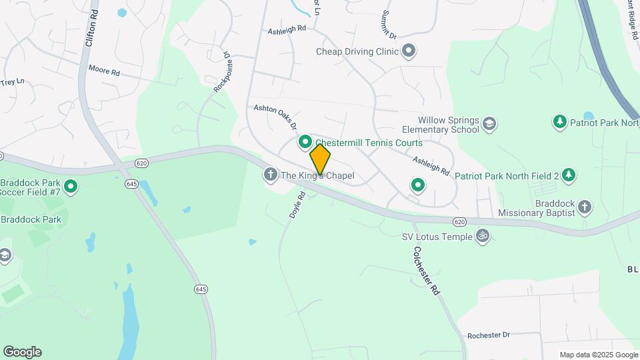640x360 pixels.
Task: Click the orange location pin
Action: coord(320,159)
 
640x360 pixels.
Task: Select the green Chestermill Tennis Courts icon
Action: coord(305,141)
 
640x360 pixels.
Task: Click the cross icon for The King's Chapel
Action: coord(271,175)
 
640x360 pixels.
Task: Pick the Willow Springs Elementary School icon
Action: coord(490,123)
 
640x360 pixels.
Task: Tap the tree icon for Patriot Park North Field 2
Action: coord(569,175)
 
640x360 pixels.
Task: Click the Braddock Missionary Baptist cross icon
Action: coord(585,206)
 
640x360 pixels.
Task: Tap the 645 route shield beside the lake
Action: coord(201,289)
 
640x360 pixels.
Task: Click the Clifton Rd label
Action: coord(91,27)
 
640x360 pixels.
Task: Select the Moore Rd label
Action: coord(104,71)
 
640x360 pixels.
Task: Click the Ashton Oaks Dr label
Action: coord(274,115)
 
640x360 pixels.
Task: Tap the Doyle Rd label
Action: coord(297,205)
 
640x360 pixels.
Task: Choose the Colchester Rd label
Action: coord(427,271)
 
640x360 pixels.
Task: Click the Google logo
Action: coord(22,352)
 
